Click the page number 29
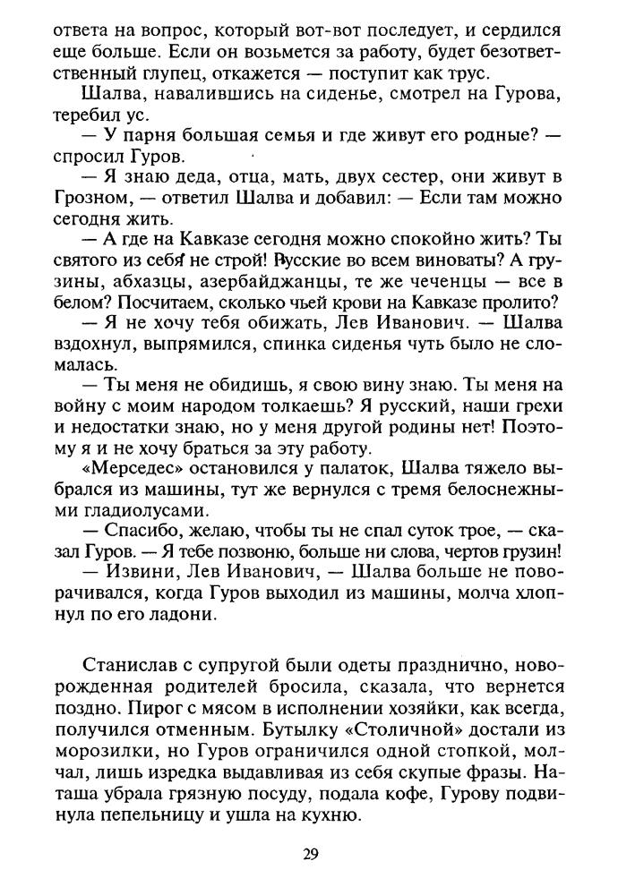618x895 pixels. pos(309,853)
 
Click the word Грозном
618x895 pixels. pos(95,198)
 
